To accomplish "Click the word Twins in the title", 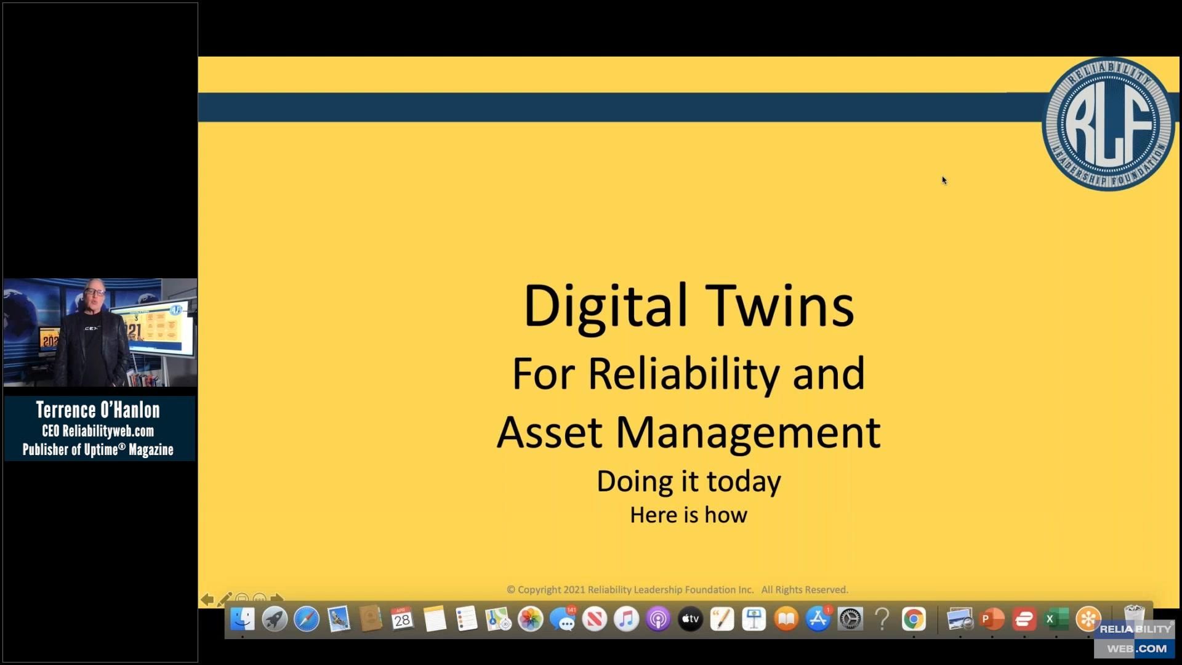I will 779,306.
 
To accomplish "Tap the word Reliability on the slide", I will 683,373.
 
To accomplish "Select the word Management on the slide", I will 748,432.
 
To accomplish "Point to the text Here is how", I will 688,515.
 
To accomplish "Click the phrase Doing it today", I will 688,481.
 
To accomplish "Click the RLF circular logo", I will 1109,124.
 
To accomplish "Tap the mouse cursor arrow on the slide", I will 944,180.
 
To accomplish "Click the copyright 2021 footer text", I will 677,589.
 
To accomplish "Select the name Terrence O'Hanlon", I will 98,410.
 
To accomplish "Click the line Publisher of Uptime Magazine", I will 98,449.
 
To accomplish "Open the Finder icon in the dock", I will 243,619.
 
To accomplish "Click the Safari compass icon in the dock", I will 307,619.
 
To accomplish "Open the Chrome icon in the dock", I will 914,619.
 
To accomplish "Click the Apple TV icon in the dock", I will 690,619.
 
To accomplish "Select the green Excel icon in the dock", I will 1056,619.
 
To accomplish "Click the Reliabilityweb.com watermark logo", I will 1135,639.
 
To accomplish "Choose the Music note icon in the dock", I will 626,619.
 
